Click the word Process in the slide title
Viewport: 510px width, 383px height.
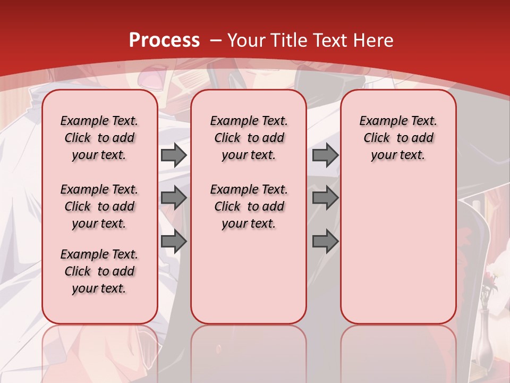(164, 40)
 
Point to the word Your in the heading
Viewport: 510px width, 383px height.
(247, 40)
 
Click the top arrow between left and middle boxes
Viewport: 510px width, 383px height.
(174, 155)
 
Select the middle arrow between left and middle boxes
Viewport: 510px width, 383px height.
(174, 198)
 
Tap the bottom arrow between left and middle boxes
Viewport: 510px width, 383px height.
(174, 242)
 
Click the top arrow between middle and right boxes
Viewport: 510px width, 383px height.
(325, 155)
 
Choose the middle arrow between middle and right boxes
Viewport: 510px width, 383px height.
(325, 198)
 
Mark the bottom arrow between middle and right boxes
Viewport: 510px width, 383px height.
(325, 242)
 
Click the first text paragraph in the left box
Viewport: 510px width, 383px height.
(99, 138)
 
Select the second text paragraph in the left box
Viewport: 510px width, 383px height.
(99, 206)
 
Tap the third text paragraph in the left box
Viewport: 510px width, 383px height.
(99, 271)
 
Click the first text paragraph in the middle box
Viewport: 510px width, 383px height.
(249, 138)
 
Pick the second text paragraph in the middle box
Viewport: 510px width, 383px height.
(249, 206)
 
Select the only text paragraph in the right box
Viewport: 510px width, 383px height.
(398, 138)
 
